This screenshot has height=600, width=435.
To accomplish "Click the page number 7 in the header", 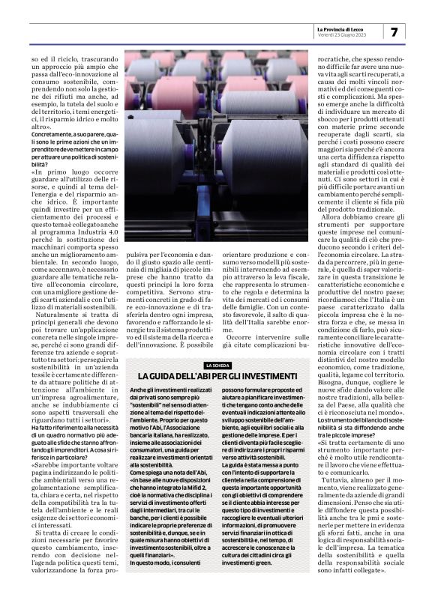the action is coord(394,31).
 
